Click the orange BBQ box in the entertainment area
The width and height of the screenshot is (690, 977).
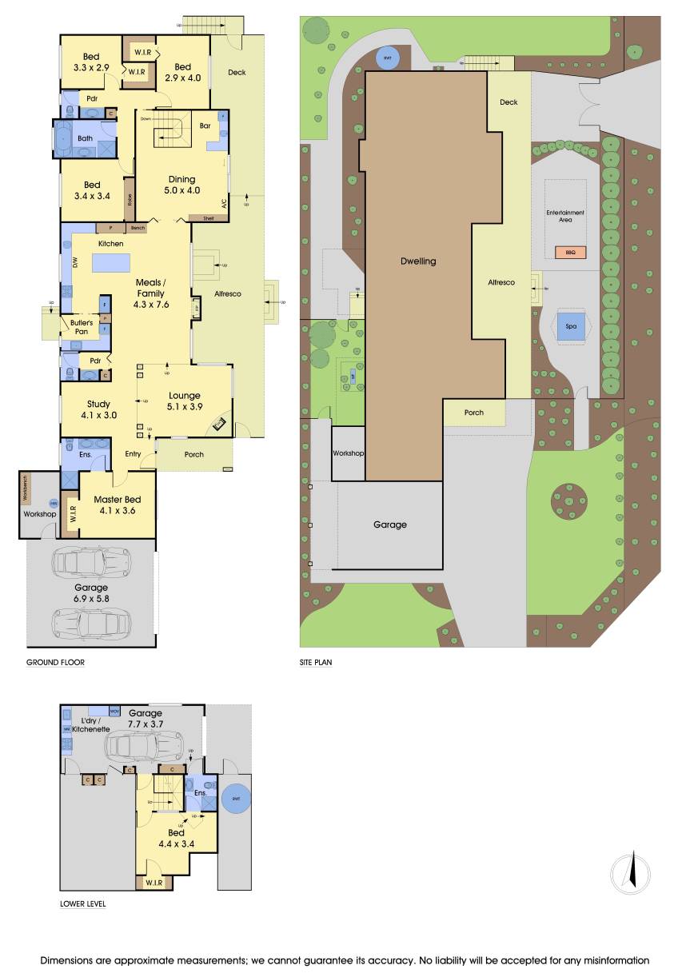click(x=569, y=253)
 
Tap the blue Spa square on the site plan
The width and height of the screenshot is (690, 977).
click(x=571, y=326)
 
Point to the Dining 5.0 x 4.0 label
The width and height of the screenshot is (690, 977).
click(x=182, y=185)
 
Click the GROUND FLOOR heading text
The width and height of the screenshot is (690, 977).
click(x=55, y=662)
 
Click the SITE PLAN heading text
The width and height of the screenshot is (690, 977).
click(x=316, y=662)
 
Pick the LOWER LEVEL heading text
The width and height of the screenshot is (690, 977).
click(x=83, y=904)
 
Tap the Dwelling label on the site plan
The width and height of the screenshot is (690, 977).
click(x=419, y=261)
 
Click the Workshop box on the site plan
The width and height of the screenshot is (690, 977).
click(x=348, y=453)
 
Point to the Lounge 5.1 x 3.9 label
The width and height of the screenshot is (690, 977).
click(x=184, y=401)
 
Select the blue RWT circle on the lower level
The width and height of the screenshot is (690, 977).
click(x=235, y=800)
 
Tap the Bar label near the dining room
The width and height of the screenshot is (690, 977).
click(x=205, y=126)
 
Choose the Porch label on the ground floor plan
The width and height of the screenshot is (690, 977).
click(x=194, y=454)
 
